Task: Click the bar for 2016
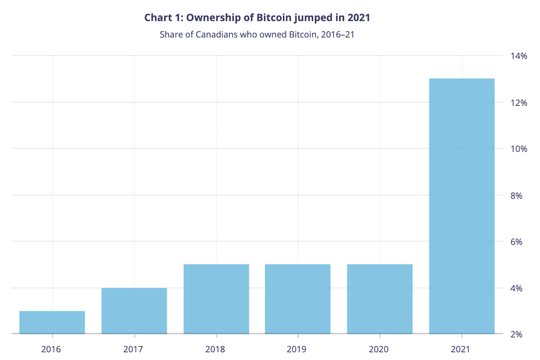[52, 322]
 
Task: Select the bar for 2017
[134, 311]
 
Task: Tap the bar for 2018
[216, 299]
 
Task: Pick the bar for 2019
[298, 299]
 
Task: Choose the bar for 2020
[380, 299]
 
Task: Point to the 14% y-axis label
[519, 56]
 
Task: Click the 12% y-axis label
[519, 103]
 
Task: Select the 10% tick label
[519, 149]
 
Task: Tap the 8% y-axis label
[516, 195]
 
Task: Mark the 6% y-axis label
[516, 242]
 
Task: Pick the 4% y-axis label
[516, 288]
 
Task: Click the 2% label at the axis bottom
[516, 334]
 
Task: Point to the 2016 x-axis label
[51, 349]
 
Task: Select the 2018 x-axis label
[215, 349]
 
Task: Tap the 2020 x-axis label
[379, 349]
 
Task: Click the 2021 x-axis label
[460, 349]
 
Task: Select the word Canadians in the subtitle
[216, 35]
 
